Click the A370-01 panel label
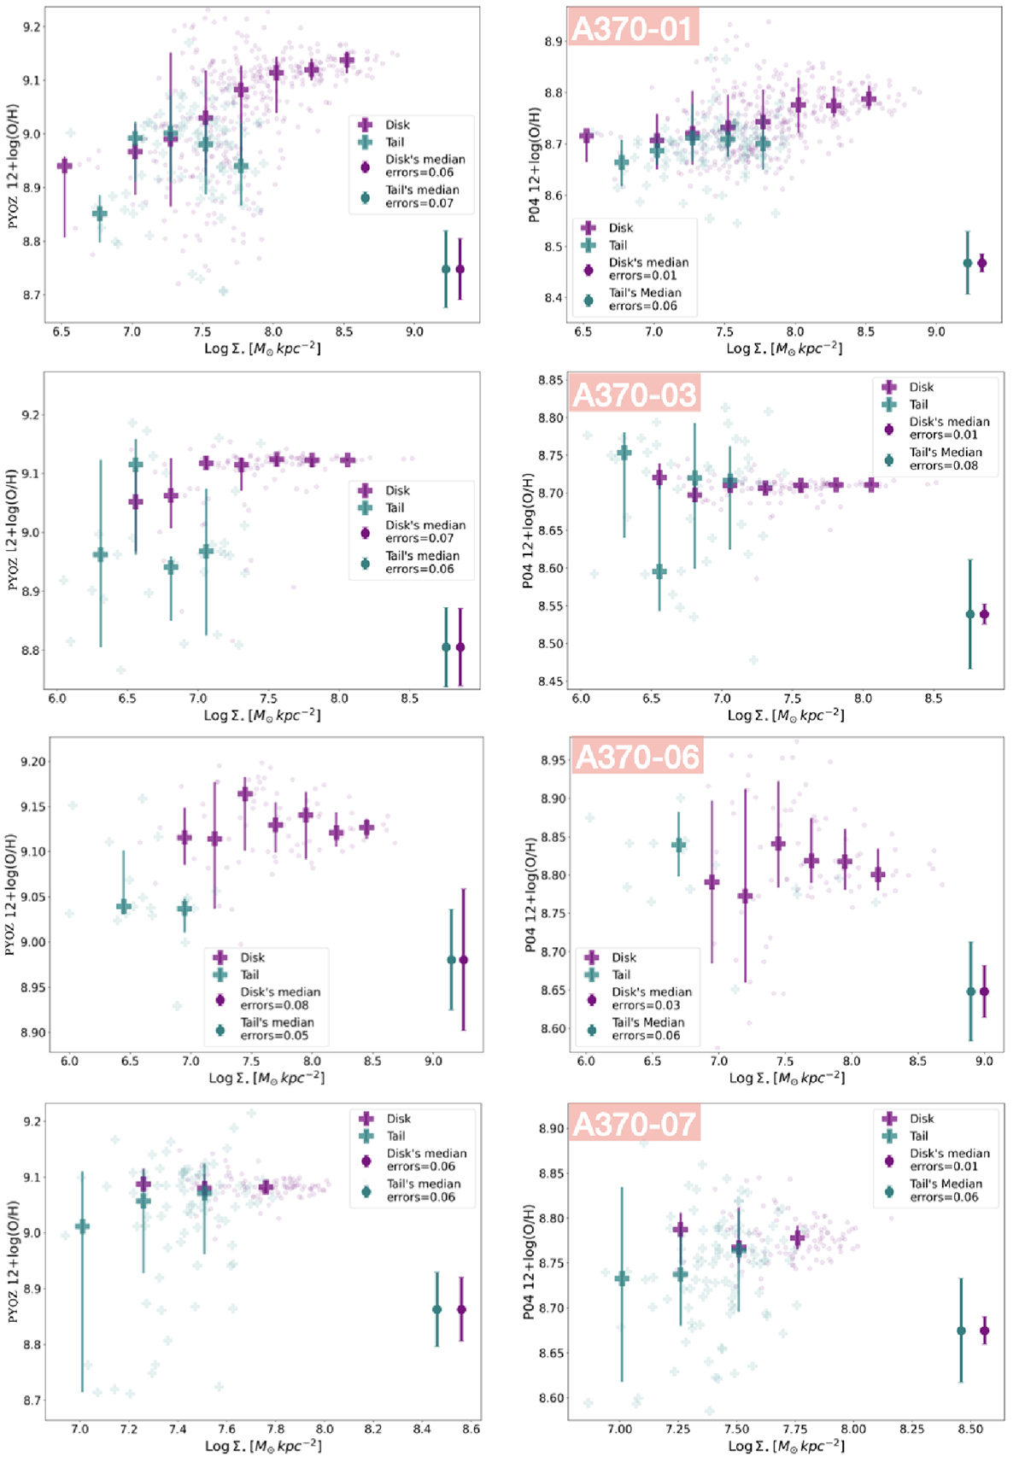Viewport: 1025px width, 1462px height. (633, 28)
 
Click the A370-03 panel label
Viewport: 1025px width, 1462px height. (635, 395)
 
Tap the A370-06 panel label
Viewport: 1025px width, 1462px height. (637, 757)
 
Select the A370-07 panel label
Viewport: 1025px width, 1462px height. (635, 1124)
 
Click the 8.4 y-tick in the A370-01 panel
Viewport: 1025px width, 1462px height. (553, 298)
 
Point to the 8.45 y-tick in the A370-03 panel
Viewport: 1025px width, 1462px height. (551, 681)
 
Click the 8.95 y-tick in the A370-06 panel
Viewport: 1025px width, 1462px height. (553, 760)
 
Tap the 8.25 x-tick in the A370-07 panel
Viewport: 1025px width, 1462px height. (911, 1429)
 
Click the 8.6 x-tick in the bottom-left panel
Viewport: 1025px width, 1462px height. (471, 1429)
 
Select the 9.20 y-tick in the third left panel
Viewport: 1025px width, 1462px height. (33, 762)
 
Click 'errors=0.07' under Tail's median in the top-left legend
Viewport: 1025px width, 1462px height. (419, 203)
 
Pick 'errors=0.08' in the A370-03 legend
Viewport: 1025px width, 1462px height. (944, 465)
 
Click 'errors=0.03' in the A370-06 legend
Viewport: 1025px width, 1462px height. (646, 1005)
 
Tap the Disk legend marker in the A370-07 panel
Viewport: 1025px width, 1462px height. (889, 1119)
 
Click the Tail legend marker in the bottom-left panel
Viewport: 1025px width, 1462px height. (366, 1136)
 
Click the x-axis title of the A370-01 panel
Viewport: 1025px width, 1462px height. (783, 348)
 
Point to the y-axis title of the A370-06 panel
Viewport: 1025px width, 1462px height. (531, 894)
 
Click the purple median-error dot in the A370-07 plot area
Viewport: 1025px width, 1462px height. (985, 1330)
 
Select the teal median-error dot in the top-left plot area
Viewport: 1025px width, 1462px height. (446, 269)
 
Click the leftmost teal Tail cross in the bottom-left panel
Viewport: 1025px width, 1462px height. (82, 1226)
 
